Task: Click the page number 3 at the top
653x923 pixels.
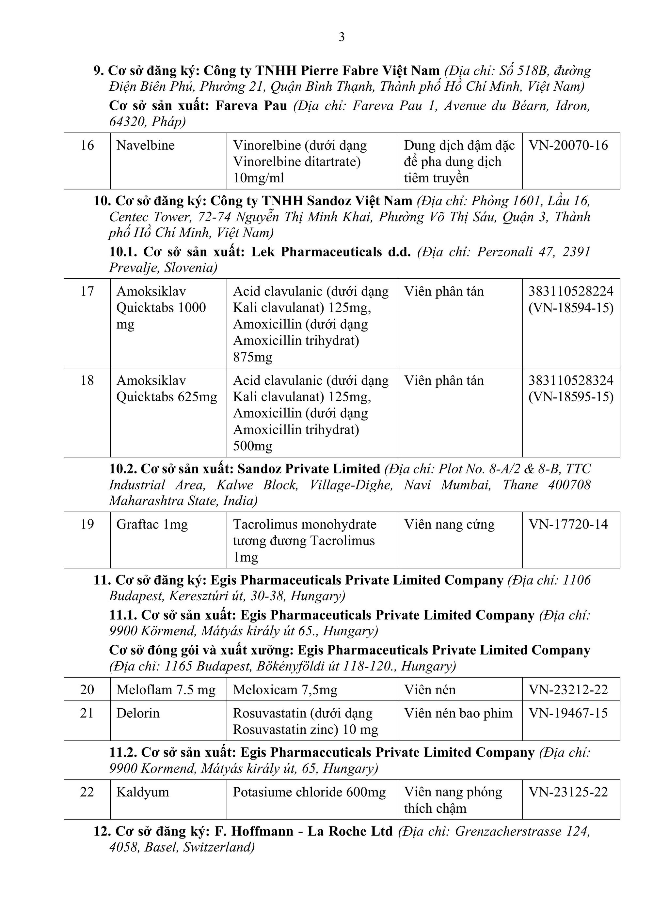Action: pos(342,38)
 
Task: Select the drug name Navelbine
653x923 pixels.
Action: pos(145,145)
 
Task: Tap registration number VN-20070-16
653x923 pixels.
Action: pos(568,145)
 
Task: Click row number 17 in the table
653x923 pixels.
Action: pos(87,291)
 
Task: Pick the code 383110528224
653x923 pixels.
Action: pos(570,291)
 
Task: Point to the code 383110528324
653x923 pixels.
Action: pos(570,380)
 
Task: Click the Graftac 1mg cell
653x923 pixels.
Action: pos(152,524)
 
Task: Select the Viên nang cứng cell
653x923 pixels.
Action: pos(449,524)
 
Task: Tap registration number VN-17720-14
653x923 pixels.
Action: pos(568,524)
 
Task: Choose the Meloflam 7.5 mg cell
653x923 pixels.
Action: pos(166,690)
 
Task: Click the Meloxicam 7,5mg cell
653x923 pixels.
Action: pos(285,690)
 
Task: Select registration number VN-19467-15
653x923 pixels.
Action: pos(568,713)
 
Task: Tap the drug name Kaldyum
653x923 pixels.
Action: pos(142,792)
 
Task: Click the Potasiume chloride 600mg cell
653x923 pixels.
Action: pos(309,792)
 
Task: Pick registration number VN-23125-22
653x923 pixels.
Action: pos(568,792)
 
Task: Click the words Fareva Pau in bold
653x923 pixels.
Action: pos(251,106)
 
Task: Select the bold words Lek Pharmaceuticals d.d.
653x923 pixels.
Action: pos(331,252)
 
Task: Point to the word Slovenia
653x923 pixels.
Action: pos(190,268)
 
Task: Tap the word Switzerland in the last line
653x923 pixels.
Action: pos(217,847)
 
